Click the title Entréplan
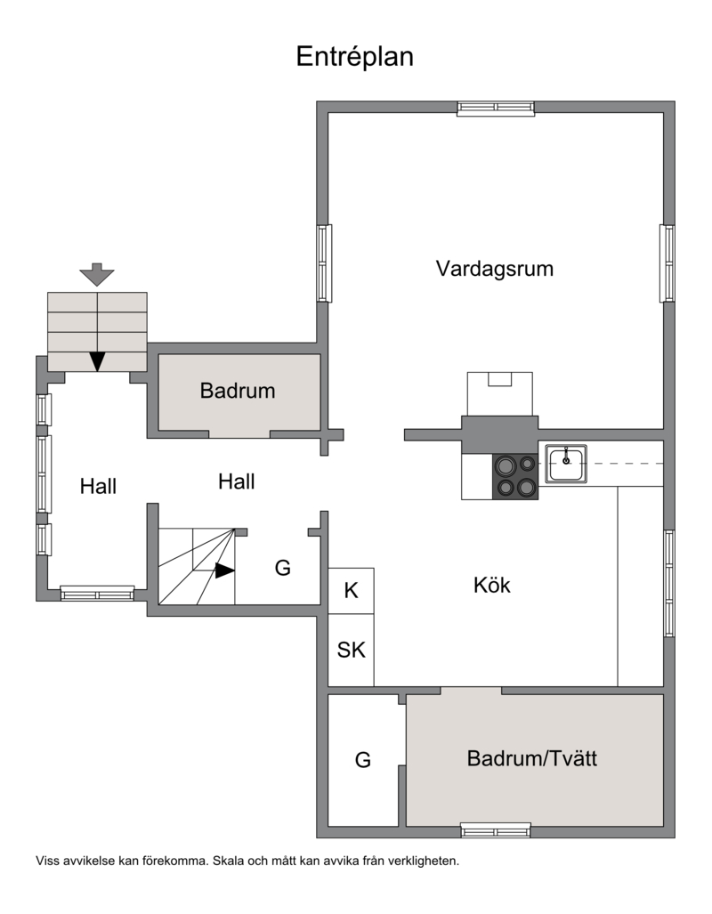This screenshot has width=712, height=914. coord(354,57)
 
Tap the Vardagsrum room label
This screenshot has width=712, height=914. coord(495,269)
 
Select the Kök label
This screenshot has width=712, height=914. coord(491,585)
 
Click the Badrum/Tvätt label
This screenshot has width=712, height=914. coord(532,758)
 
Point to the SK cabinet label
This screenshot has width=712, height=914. coord(351,650)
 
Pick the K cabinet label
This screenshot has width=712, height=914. coord(351,590)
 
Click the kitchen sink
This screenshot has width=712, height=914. coord(566,464)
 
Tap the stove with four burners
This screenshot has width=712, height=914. coord(515,477)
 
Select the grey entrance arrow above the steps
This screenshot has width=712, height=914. coord(97,274)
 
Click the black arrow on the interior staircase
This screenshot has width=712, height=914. coord(224,570)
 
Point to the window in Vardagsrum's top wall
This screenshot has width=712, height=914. coord(496,108)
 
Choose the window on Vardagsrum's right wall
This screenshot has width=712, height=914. coord(667,263)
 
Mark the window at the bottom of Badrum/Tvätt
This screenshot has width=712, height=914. coord(496,830)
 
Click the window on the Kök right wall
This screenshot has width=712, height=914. coord(669,584)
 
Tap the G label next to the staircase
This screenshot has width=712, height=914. coord(283,567)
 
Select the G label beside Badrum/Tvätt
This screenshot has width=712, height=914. coord(363,759)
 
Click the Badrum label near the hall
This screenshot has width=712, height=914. coord(238,391)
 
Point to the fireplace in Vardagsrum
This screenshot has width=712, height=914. coord(500,394)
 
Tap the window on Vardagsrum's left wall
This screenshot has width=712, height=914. coord(324,263)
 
